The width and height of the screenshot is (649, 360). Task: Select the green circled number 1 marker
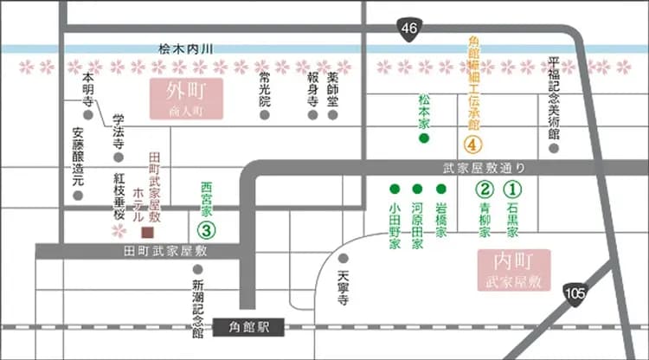tap(512, 188)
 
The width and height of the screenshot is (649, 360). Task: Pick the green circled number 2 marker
tap(485, 188)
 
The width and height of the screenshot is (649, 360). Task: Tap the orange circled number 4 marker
tap(472, 145)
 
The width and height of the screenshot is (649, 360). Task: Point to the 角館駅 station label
tap(252, 327)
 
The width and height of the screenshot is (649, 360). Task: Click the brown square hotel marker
tap(147, 232)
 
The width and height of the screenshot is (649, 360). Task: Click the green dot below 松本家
tap(424, 138)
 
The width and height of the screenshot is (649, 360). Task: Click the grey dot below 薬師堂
tap(334, 113)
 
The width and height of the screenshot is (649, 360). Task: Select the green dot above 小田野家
tap(395, 188)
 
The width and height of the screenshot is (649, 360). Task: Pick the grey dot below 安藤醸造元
tap(78, 196)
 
